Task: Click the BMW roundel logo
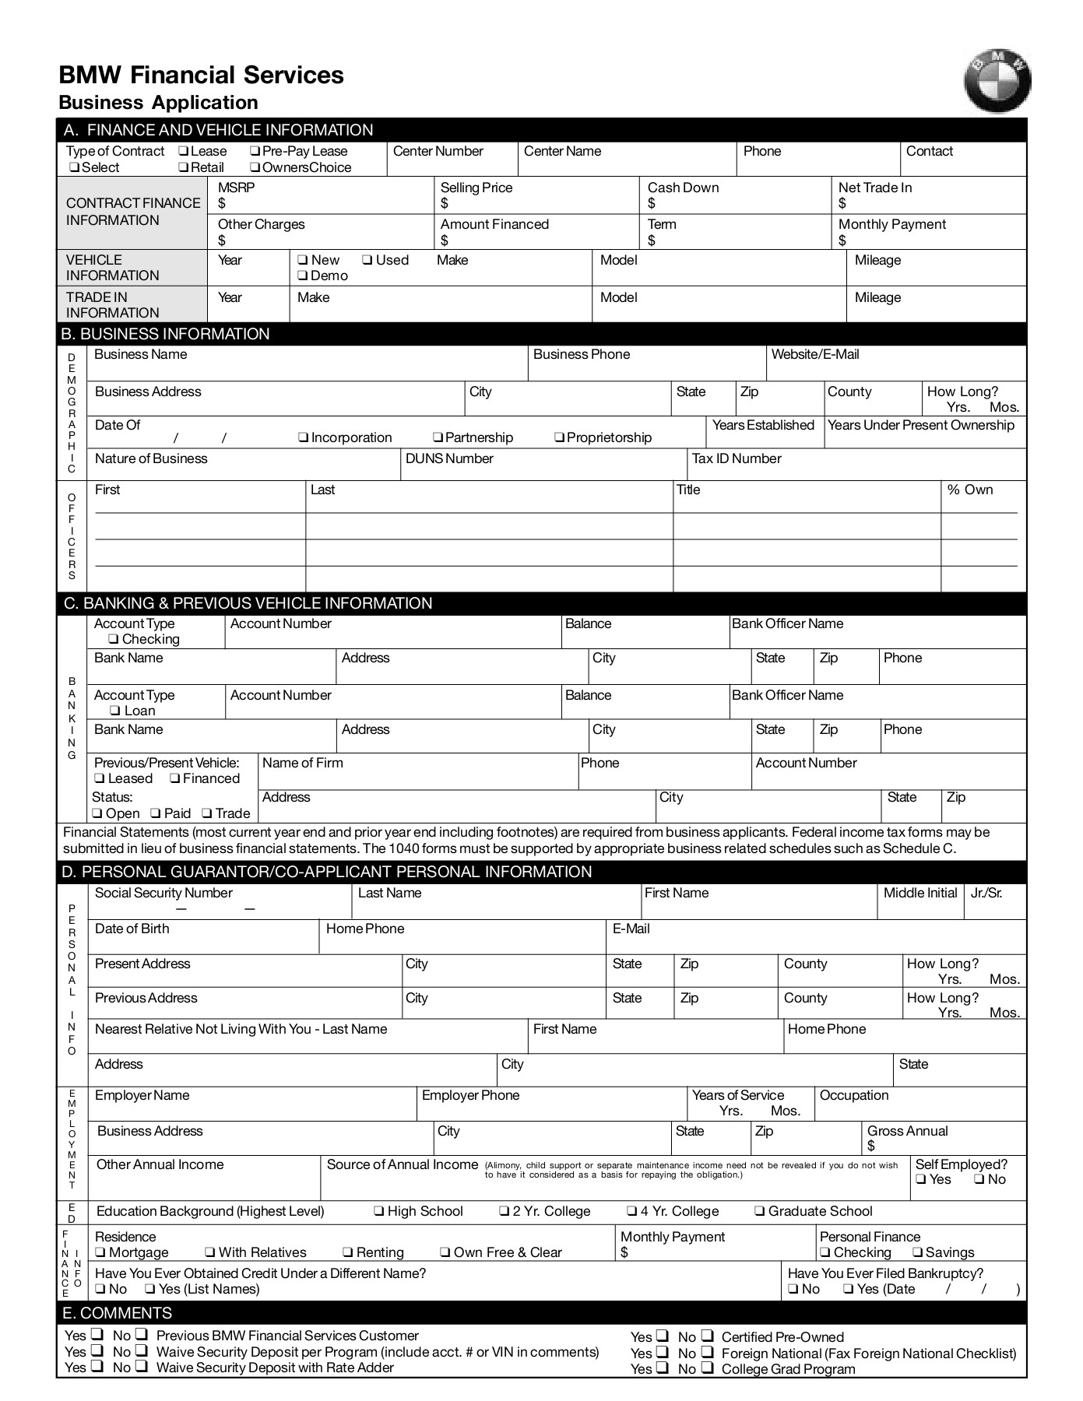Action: pyautogui.click(x=997, y=81)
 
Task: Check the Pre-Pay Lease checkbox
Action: pyautogui.click(x=255, y=152)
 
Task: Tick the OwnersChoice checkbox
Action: pyautogui.click(x=255, y=168)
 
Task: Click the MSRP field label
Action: pyautogui.click(x=236, y=188)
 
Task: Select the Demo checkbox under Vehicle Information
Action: pyautogui.click(x=302, y=276)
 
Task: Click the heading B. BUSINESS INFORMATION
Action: pyautogui.click(x=166, y=334)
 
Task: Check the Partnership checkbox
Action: pyautogui.click(x=438, y=438)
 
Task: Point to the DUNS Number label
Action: pyautogui.click(x=449, y=458)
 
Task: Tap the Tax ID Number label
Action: pyautogui.click(x=737, y=458)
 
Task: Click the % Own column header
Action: pyautogui.click(x=969, y=490)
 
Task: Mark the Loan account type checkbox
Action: pyautogui.click(x=115, y=711)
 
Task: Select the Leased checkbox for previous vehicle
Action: pyautogui.click(x=100, y=779)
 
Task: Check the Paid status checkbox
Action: pyautogui.click(x=156, y=814)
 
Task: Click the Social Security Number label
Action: pyautogui.click(x=164, y=893)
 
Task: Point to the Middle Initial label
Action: pyautogui.click(x=919, y=893)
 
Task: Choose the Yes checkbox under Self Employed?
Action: pyautogui.click(x=921, y=1180)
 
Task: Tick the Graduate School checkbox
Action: pyautogui.click(x=759, y=1212)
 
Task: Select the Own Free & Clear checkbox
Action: pyautogui.click(x=445, y=1253)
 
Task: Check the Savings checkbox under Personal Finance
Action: pyautogui.click(x=917, y=1253)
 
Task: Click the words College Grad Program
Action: pyautogui.click(x=788, y=1369)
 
